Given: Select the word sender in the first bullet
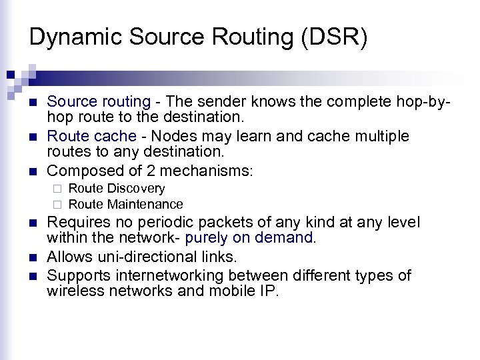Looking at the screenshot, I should pos(215,102).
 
